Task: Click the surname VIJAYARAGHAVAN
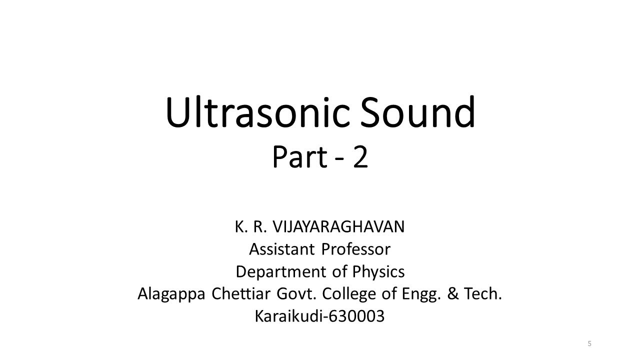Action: (338, 226)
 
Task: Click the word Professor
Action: (355, 248)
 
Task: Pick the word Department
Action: (281, 271)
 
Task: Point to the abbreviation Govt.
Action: (297, 293)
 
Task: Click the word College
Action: (349, 294)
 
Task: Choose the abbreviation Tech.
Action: (482, 293)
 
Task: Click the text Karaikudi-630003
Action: (319, 316)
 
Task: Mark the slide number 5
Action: (589, 343)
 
